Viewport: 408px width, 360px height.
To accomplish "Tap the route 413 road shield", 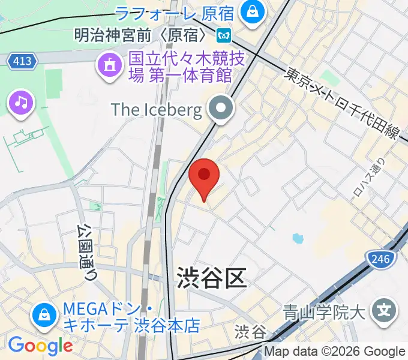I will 23,61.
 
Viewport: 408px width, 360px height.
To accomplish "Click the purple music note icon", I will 22,102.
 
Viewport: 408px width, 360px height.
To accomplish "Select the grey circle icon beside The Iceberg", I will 221,109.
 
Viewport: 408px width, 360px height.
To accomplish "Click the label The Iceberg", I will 156,109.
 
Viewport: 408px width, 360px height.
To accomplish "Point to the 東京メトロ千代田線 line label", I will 343,104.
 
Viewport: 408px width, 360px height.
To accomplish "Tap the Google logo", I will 40,346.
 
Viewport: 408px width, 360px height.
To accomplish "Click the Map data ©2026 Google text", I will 335,352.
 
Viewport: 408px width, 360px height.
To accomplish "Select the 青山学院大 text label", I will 325,312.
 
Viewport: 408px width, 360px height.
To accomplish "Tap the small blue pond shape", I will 298,239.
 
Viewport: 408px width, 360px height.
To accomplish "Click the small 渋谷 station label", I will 250,331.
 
